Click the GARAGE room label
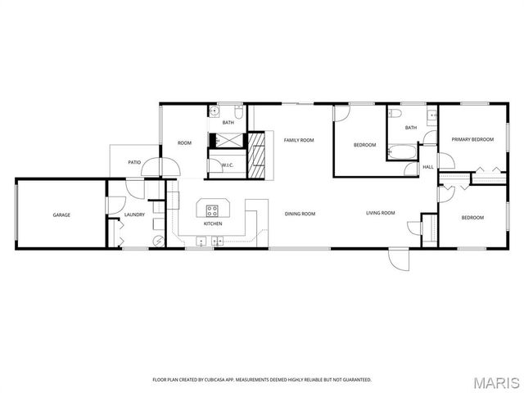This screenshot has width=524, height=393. [61, 215]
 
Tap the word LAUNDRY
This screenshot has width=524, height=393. [134, 215]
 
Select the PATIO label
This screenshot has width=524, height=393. [134, 162]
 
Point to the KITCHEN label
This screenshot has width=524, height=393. [213, 224]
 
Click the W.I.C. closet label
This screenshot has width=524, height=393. [228, 165]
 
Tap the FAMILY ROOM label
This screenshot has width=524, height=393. [299, 140]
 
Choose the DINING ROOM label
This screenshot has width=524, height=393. [300, 214]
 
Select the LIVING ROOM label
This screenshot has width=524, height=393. [380, 213]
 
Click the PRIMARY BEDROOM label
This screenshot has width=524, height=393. [472, 140]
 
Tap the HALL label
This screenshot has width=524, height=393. [427, 167]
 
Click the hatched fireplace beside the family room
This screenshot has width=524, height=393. [259, 156]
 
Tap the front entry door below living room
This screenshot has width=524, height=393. [396, 260]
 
